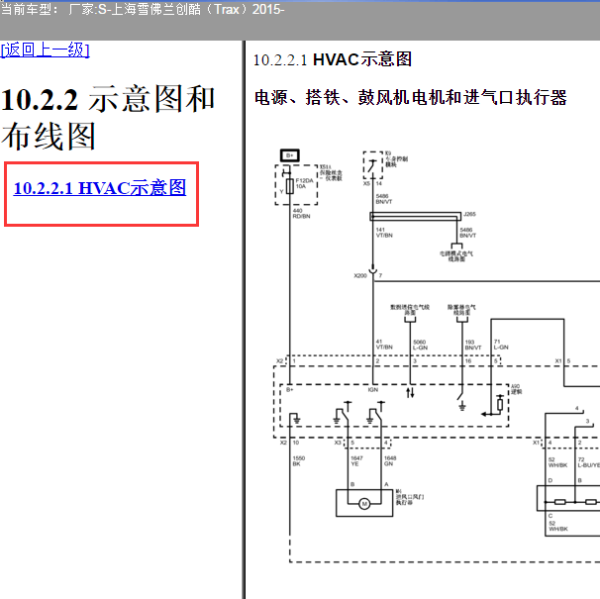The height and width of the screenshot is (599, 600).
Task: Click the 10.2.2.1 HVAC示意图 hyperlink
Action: point(99,187)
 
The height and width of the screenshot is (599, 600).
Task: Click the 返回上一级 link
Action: point(46,50)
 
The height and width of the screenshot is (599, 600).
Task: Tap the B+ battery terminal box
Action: point(290,155)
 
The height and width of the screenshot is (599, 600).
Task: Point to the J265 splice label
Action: point(469,213)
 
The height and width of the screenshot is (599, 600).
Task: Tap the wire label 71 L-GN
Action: point(501,344)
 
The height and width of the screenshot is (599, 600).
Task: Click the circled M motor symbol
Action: point(363,504)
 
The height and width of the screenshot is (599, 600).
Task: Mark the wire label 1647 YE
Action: point(356,459)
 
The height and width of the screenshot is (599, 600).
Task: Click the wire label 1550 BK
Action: point(298,459)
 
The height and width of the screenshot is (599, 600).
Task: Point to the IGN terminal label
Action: point(373,390)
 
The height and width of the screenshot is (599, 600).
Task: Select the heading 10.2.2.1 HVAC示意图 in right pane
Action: point(332,59)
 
